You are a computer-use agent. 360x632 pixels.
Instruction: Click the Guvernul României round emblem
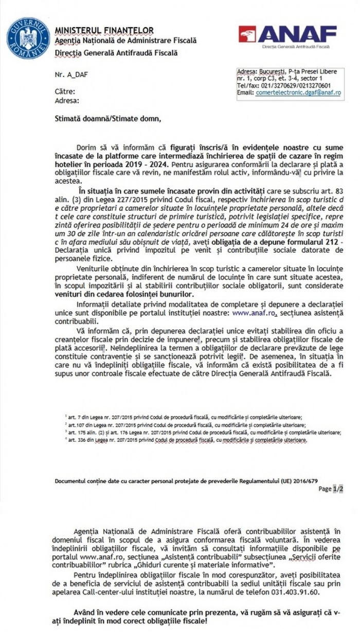[28, 38]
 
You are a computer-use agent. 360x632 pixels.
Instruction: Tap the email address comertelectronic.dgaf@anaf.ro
[298, 93]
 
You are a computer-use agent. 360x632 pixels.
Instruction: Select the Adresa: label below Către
[66, 101]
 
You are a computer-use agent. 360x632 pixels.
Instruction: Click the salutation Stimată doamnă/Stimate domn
[107, 119]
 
